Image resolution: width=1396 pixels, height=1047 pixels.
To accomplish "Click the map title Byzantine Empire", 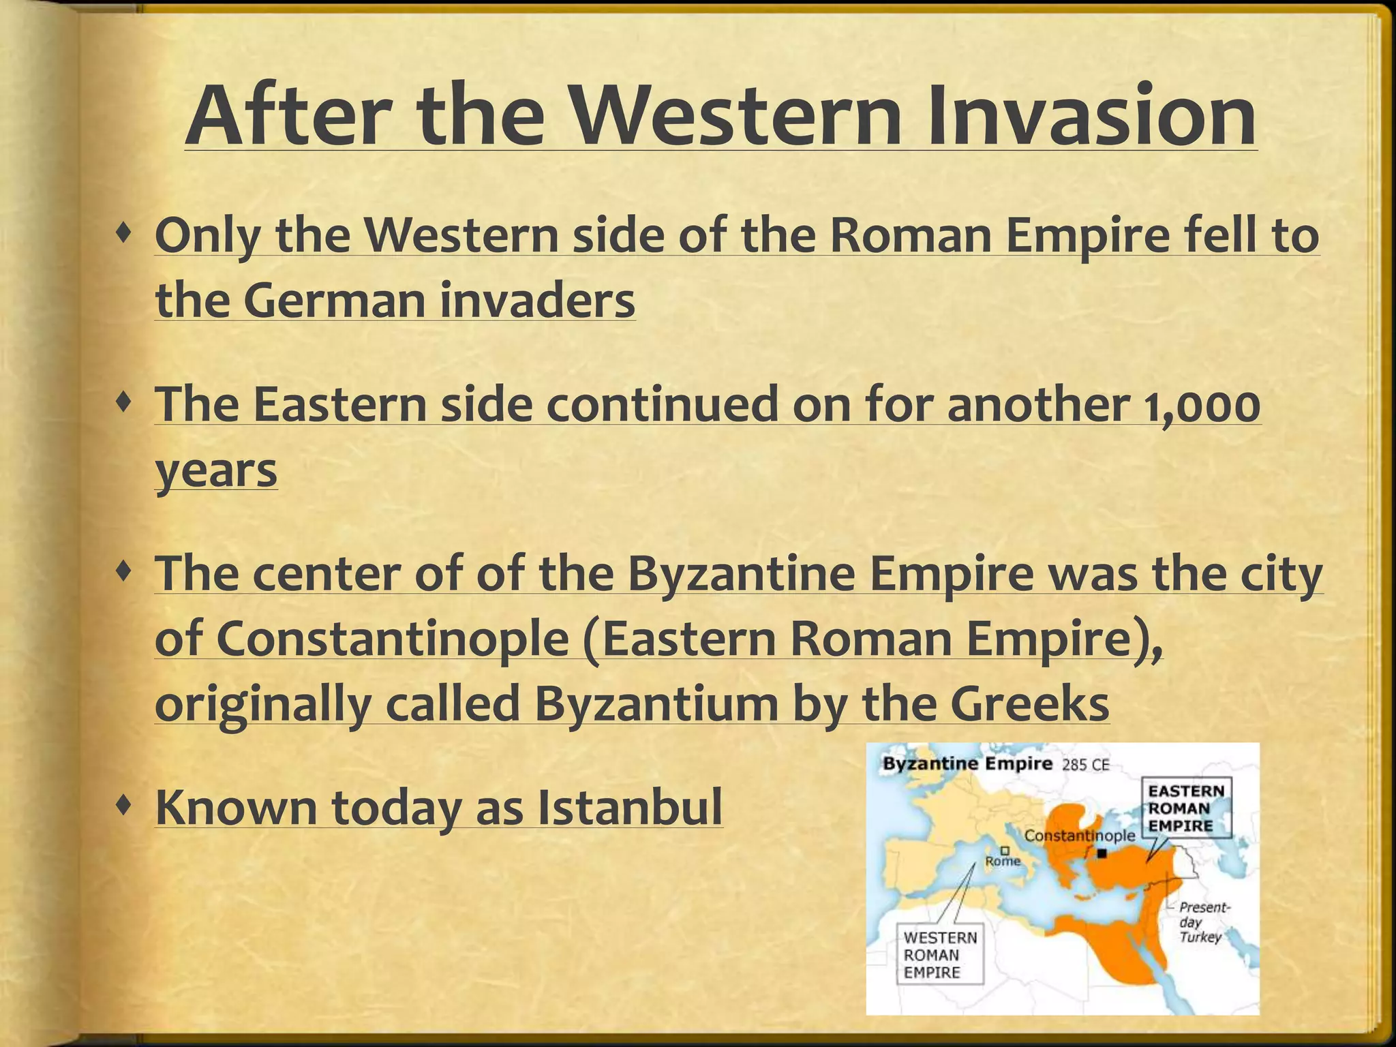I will (967, 763).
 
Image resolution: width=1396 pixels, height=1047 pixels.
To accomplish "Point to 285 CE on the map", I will (1086, 765).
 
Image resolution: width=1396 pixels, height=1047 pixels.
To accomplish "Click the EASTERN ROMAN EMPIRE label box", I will (1186, 808).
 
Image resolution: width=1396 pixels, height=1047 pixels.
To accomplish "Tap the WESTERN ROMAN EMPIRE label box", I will (940, 955).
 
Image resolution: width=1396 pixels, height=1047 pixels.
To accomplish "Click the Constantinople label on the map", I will (1080, 836).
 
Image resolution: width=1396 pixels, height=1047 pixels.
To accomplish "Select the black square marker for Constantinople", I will (1102, 853).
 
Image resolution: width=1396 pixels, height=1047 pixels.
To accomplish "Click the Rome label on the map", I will (1003, 861).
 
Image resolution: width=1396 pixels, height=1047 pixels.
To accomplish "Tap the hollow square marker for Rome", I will (1005, 850).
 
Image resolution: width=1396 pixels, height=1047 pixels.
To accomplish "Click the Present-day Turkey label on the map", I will (1203, 922).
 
